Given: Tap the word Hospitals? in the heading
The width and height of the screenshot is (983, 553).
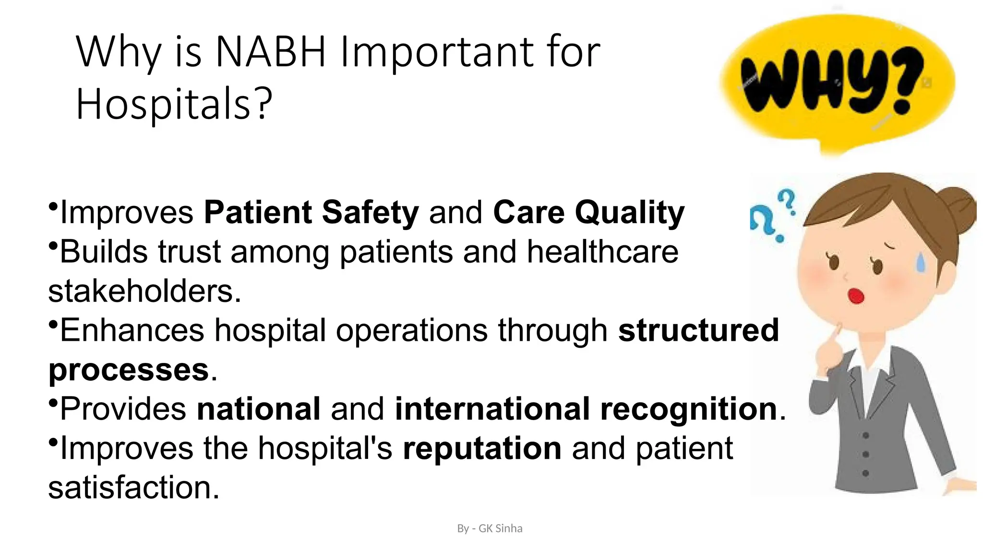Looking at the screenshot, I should tap(174, 104).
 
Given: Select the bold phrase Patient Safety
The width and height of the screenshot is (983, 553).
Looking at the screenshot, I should tap(311, 212).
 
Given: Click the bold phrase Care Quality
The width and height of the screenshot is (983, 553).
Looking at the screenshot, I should tap(588, 212).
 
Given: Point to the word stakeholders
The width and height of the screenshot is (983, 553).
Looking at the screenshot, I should tap(144, 291).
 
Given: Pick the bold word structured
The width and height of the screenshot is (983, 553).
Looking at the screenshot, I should tap(698, 330).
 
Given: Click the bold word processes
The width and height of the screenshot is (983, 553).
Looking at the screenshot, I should tap(129, 370).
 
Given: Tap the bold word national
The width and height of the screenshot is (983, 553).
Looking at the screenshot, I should tap(259, 409).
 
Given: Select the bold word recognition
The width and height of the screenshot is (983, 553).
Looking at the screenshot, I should tap(688, 409).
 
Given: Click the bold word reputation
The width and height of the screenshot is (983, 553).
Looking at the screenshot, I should tap(482, 448).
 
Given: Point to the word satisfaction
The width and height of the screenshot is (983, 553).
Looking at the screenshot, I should tap(133, 488).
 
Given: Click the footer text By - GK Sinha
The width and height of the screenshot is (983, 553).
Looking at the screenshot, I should tap(490, 529).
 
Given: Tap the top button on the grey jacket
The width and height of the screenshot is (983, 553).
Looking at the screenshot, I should tap(865, 435).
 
